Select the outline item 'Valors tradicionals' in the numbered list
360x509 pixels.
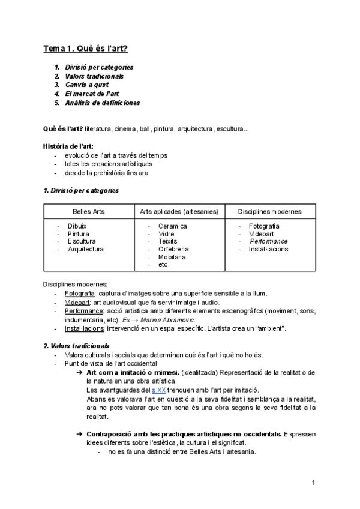(94, 76)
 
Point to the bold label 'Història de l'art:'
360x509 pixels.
(68, 146)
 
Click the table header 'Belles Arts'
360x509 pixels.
(88, 212)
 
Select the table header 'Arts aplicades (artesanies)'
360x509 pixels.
(179, 212)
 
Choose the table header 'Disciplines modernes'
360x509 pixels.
(269, 212)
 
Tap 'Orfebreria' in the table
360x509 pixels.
(173, 249)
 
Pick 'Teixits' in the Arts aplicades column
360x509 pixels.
(167, 241)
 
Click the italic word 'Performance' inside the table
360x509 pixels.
(268, 241)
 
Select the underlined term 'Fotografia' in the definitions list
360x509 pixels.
(80, 294)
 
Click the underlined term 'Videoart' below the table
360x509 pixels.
(77, 303)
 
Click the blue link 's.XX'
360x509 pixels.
(159, 390)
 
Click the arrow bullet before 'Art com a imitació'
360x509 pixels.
(79, 372)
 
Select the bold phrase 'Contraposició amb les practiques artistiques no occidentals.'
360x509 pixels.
(184, 433)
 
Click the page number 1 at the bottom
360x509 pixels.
(313, 483)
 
